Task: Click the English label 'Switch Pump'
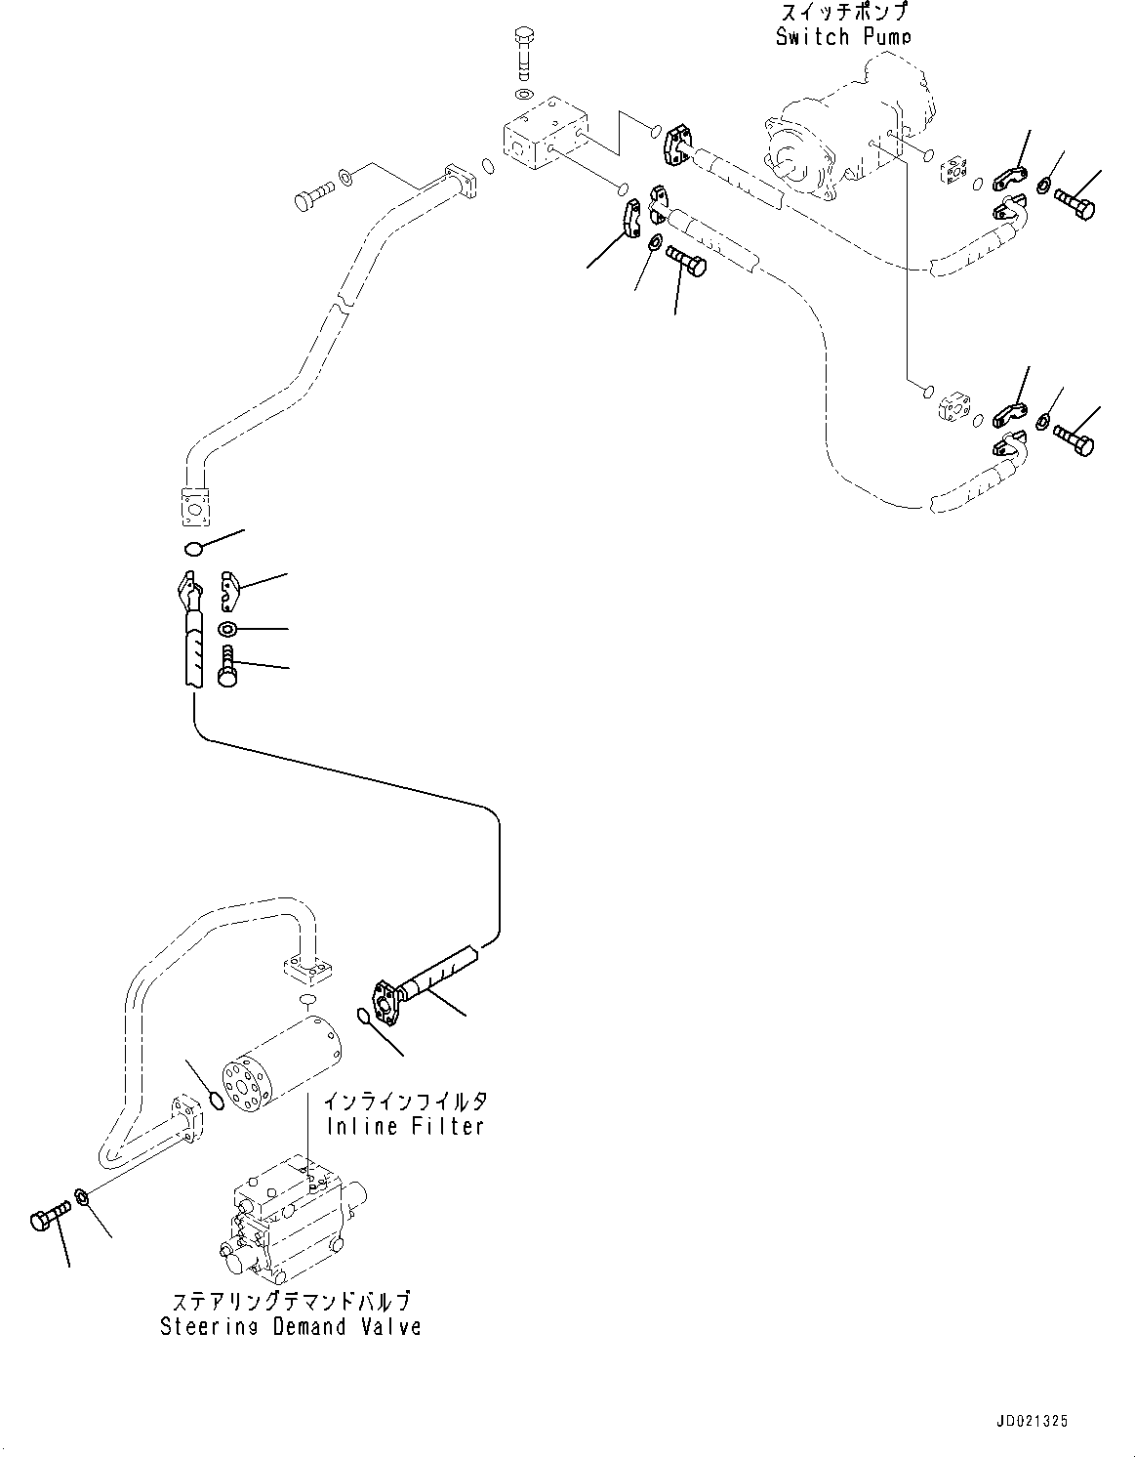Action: [x=843, y=37]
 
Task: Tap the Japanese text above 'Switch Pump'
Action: [x=843, y=13]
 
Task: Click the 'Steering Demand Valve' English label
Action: [x=291, y=1326]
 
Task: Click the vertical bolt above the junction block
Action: [x=522, y=53]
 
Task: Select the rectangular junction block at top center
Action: [x=542, y=136]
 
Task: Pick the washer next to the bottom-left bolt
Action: [x=84, y=1196]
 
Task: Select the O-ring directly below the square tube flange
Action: [x=193, y=548]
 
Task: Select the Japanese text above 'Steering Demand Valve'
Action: [x=291, y=1302]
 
